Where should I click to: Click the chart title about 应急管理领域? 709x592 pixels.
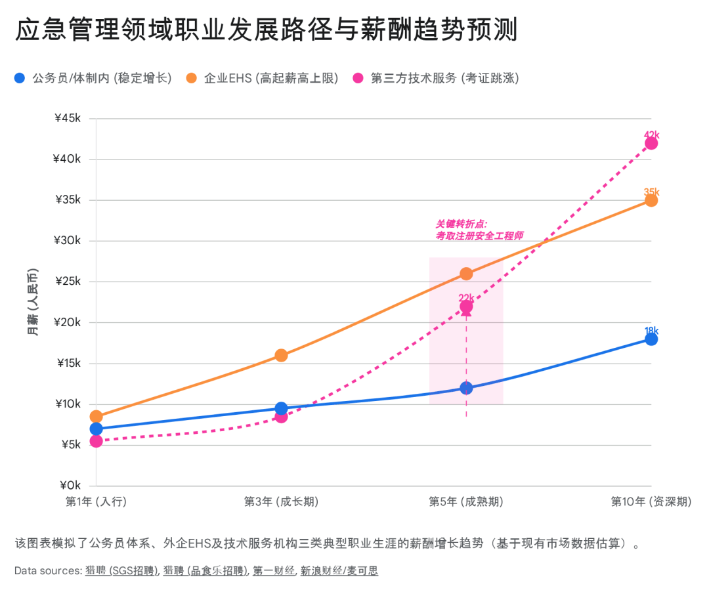[267, 30]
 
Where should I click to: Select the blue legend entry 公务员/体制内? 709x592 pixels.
[92, 78]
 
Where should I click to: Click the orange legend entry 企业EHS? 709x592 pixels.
[263, 78]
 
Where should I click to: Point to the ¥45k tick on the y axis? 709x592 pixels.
[68, 119]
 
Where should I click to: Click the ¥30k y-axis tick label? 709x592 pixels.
[68, 241]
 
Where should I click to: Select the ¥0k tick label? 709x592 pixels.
[70, 486]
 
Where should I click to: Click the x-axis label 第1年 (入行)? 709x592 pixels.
[96, 502]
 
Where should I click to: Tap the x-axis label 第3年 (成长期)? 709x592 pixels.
[281, 502]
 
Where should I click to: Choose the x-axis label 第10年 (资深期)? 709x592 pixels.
[651, 502]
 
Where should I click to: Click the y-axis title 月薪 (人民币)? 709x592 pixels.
[33, 303]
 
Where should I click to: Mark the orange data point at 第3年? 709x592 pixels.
[281, 355]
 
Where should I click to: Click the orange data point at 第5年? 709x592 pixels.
[466, 274]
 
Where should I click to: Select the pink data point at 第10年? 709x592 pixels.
[651, 143]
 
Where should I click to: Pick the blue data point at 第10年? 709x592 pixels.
[651, 339]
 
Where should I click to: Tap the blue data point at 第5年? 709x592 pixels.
[466, 388]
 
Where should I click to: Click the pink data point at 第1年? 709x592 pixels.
[97, 441]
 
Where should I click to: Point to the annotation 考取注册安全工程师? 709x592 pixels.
[479, 236]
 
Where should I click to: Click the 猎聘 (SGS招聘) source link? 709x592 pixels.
[121, 571]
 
